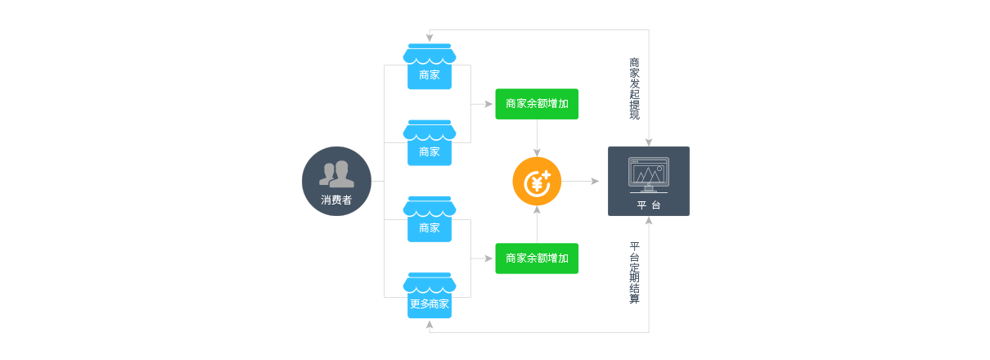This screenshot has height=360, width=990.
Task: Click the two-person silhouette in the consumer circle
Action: pos(336,173)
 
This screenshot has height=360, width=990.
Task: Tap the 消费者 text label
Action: pos(336,200)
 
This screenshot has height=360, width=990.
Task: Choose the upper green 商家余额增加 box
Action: pos(537,104)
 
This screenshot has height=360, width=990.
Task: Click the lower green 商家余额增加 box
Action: pos(537,259)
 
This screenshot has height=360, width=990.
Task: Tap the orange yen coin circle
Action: pos(537,182)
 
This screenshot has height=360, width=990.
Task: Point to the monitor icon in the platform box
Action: pos(648,173)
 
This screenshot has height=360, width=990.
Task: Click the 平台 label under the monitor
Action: pos(648,205)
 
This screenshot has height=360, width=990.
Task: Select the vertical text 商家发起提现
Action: pos(634,88)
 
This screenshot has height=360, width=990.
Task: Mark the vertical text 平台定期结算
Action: pos(634,273)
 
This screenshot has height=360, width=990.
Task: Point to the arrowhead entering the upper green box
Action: pos(490,104)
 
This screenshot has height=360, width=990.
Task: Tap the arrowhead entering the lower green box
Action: pos(490,259)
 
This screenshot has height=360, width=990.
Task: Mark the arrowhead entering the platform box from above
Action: pos(649,142)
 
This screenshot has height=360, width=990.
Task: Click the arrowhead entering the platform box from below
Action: pos(649,220)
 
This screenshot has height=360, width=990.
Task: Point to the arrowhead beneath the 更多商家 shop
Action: pos(430,325)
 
